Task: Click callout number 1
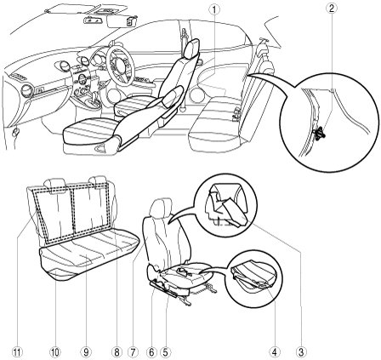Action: (x=214, y=9)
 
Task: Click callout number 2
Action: (x=332, y=8)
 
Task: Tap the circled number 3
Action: (x=300, y=352)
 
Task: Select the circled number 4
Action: (x=274, y=352)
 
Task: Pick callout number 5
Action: (x=165, y=352)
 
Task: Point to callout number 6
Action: (x=151, y=352)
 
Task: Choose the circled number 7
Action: (x=133, y=352)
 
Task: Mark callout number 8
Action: (x=117, y=352)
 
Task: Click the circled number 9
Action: (x=86, y=352)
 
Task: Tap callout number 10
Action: (x=55, y=352)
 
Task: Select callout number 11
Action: (x=17, y=352)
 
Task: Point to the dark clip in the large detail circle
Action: (x=318, y=133)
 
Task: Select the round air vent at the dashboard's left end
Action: (x=27, y=91)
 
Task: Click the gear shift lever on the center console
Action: (x=94, y=101)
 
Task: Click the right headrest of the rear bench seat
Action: (x=99, y=182)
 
